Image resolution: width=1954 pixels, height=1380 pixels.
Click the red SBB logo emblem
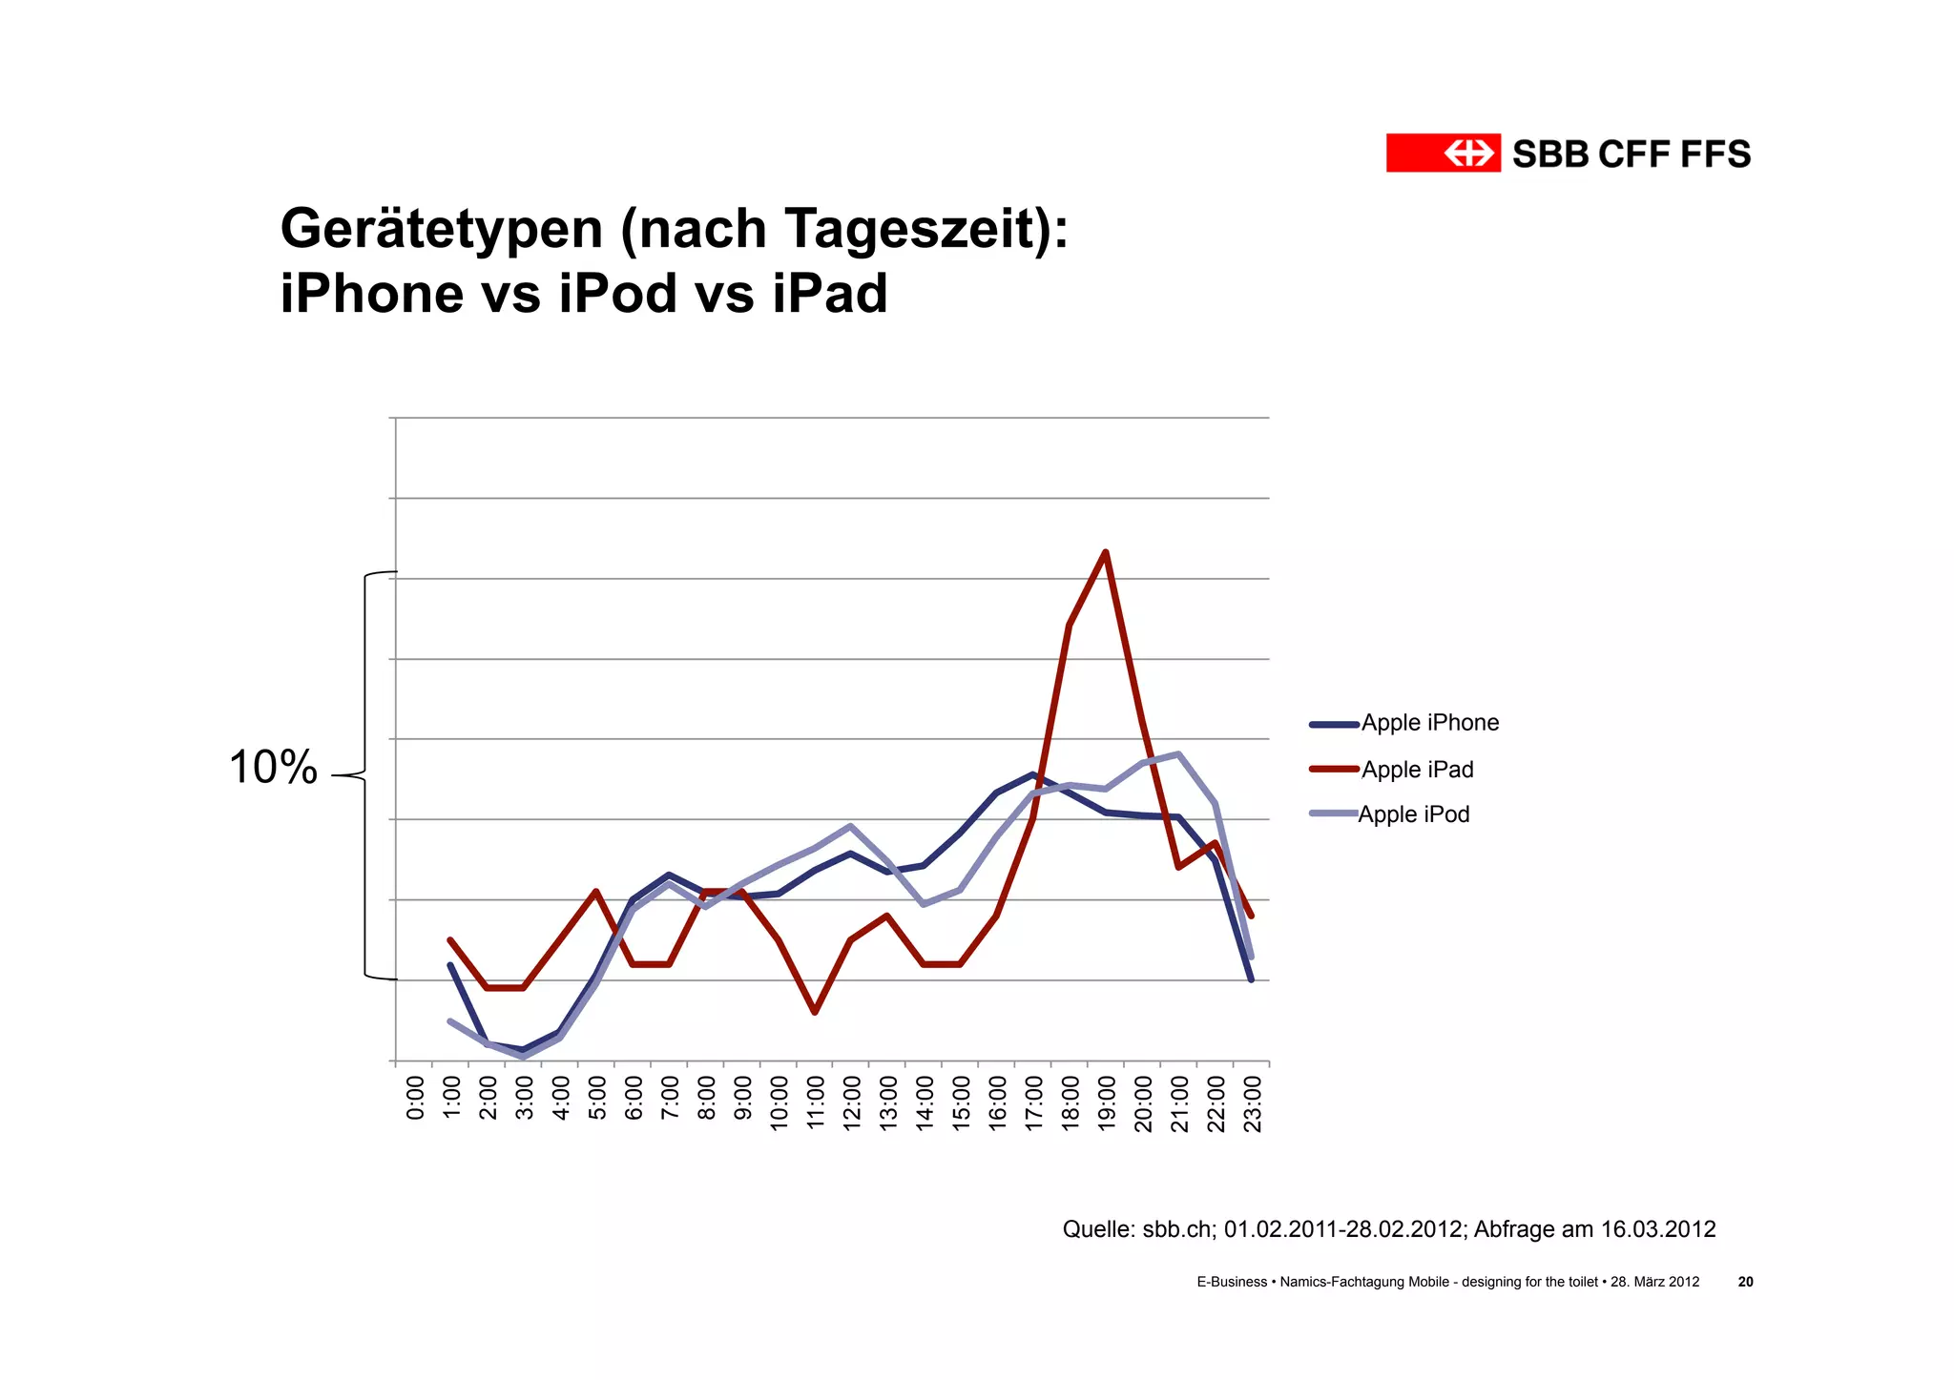1443,153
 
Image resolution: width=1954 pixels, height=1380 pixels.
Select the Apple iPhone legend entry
1429,723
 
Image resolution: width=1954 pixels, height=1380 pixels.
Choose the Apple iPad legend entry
1417,770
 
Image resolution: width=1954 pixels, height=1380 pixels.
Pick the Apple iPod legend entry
1413,814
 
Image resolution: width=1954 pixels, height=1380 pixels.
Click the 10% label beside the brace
273,768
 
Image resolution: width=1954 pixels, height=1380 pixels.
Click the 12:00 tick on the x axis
852,1103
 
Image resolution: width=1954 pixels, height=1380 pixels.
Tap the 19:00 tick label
1107,1103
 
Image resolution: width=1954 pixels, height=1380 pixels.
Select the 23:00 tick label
1253,1103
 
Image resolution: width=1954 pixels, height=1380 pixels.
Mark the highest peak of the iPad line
1105,552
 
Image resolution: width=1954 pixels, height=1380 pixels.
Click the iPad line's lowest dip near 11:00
814,1012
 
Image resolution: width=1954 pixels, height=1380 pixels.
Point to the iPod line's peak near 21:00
1179,754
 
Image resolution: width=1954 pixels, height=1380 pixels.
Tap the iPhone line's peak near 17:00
1033,773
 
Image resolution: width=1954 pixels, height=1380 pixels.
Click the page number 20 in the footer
1745,1282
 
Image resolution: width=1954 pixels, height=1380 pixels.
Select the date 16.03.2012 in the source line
1657,1229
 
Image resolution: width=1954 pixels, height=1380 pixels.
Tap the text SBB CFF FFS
1632,154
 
